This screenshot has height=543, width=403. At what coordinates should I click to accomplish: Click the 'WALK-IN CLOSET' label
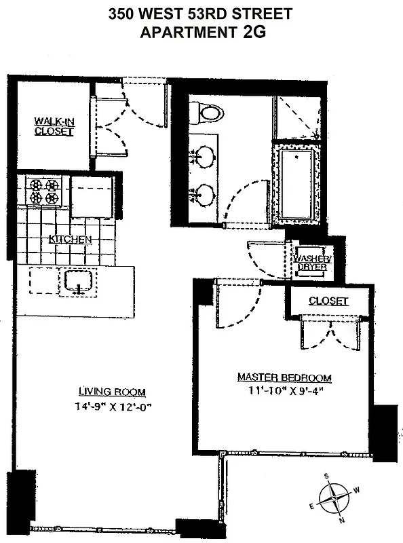54,127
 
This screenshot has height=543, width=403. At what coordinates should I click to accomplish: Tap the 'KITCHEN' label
70,240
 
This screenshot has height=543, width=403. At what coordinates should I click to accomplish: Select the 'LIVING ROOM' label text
111,392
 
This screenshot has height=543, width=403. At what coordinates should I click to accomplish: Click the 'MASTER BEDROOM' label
284,377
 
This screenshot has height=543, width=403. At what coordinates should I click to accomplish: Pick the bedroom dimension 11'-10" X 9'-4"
284,392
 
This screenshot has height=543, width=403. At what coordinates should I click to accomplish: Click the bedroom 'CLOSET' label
328,301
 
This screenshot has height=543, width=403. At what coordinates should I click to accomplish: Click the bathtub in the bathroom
296,183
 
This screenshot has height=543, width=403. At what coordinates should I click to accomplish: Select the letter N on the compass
343,520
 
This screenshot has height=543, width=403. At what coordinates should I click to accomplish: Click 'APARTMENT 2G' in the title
201,31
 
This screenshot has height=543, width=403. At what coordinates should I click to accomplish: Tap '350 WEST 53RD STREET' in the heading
201,13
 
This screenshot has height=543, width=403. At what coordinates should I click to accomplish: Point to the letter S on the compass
326,476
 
